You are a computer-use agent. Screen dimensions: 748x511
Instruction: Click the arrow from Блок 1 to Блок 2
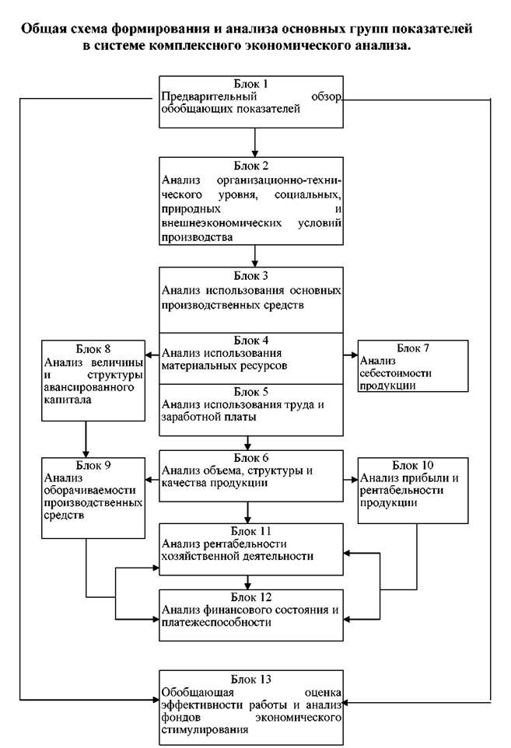pyautogui.click(x=254, y=139)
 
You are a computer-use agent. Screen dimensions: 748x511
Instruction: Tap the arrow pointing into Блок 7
pyautogui.click(x=351, y=355)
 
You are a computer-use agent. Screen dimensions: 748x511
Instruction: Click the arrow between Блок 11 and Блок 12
pyautogui.click(x=248, y=582)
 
